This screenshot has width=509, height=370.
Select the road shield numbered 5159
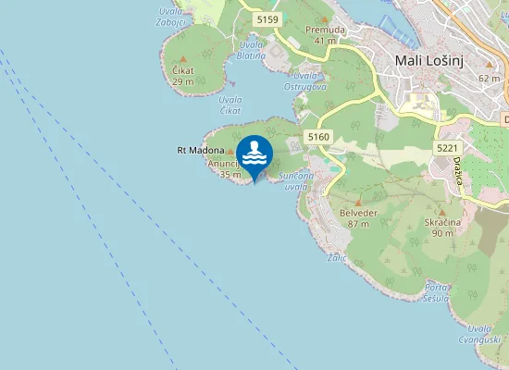tap(268, 19)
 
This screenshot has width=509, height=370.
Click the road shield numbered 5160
tap(318, 137)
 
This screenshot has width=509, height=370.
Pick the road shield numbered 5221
tap(448, 148)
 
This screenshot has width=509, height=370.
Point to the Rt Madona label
tap(201, 150)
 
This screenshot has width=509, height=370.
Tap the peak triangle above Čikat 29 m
tap(181, 58)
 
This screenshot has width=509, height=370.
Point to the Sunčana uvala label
tap(295, 180)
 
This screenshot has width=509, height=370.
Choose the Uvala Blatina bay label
tap(250, 50)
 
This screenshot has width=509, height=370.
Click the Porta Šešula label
tap(436, 292)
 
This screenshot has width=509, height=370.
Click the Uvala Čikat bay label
tap(230, 105)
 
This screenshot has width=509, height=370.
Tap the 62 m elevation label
tap(490, 79)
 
